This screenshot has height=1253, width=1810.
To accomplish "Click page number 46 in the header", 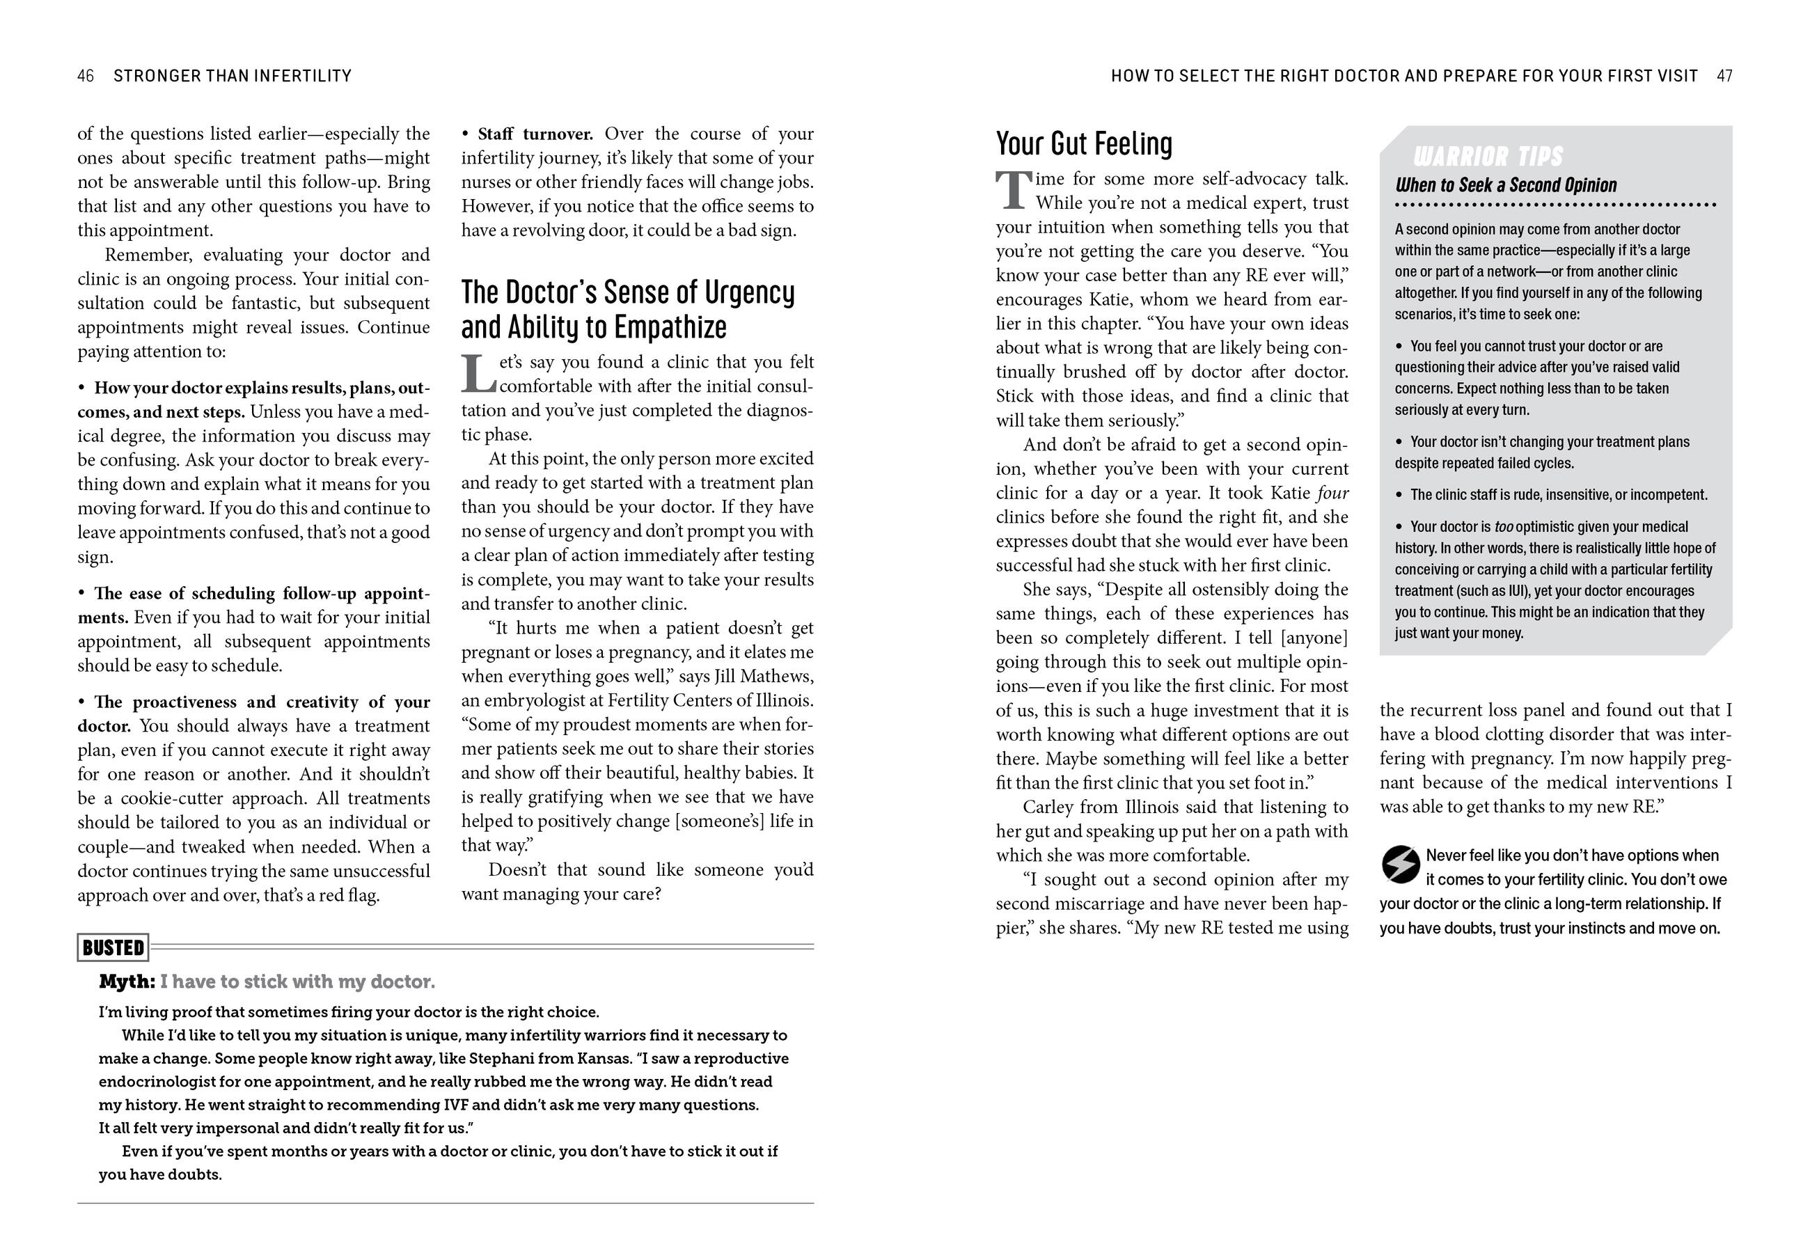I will point(86,76).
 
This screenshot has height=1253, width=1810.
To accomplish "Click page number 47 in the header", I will point(1724,76).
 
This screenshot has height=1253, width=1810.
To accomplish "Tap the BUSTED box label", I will point(113,947).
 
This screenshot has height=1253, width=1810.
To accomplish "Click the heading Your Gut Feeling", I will point(1084,143).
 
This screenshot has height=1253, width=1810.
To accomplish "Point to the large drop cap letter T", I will point(1014,191).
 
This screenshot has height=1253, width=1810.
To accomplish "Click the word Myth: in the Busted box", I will point(127,982).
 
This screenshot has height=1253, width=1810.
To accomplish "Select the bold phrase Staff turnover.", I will point(535,134).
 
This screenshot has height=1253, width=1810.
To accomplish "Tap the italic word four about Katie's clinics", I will point(1332,493).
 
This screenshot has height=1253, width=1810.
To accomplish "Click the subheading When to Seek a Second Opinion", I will point(1506,185).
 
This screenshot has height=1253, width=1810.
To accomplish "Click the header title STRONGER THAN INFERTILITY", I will point(233,76).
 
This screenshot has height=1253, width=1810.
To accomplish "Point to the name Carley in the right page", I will point(1047,807).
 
